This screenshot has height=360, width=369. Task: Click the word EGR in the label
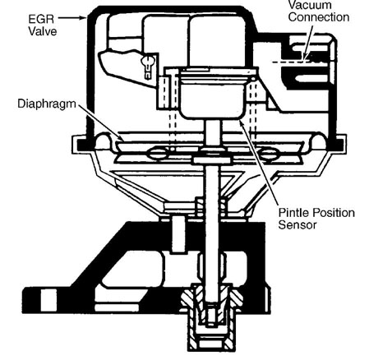click(41, 19)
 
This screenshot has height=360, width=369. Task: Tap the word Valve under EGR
click(43, 31)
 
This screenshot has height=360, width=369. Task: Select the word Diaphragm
click(47, 104)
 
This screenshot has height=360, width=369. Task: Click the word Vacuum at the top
click(310, 5)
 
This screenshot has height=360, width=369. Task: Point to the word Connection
click(319, 17)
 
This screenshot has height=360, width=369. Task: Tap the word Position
click(333, 213)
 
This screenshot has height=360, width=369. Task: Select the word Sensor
click(298, 224)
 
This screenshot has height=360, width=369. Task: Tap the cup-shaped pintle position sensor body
click(213, 96)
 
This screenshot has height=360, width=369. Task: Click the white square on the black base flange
click(49, 300)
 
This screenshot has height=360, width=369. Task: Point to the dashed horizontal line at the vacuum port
click(291, 62)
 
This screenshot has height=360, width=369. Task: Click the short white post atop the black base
click(178, 234)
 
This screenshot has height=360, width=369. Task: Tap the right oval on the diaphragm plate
click(270, 153)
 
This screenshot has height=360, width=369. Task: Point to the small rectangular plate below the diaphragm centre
click(211, 160)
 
